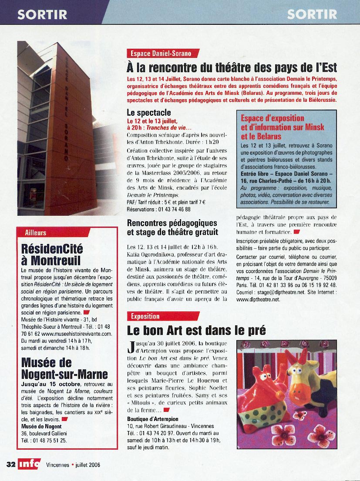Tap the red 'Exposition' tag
click(146, 316)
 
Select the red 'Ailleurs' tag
click(36, 233)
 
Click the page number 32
click(11, 464)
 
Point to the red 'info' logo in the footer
click(30, 464)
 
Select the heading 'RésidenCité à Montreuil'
click(52, 255)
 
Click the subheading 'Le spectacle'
click(148, 113)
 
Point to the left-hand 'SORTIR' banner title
click(42, 14)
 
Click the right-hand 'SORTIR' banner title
click(312, 14)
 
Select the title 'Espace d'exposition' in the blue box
click(273, 118)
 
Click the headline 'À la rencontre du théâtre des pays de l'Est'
click(232, 68)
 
